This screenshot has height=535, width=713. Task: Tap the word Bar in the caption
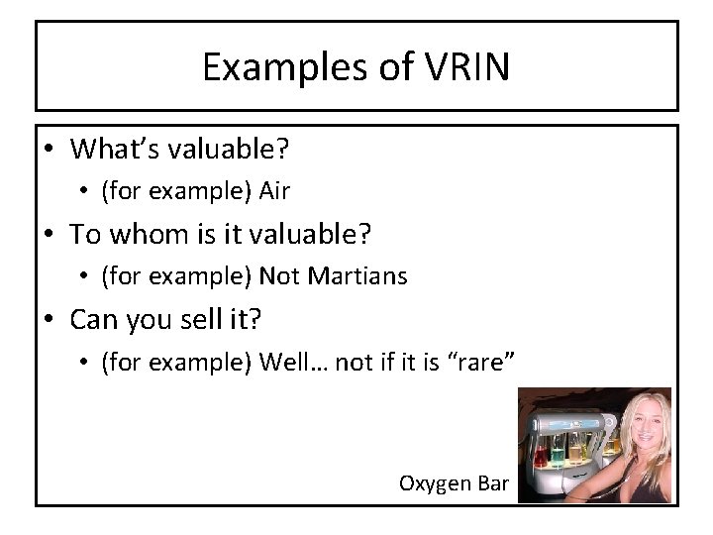pyautogui.click(x=493, y=483)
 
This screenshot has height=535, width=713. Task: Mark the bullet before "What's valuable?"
pyautogui.click(x=51, y=152)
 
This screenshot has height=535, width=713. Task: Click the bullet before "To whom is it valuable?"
pyautogui.click(x=51, y=236)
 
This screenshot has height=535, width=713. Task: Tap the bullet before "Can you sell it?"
pyautogui.click(x=51, y=320)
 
